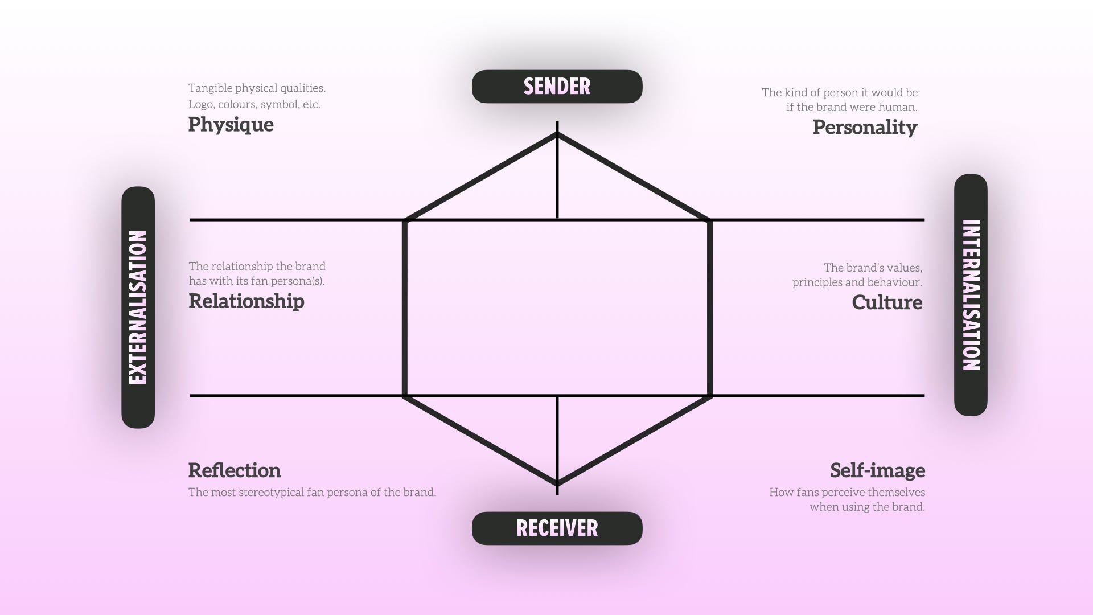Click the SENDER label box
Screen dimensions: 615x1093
(557, 87)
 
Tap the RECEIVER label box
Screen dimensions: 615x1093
(557, 528)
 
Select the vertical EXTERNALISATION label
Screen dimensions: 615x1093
(138, 307)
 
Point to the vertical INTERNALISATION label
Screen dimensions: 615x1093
(971, 295)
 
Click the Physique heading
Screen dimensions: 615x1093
(231, 125)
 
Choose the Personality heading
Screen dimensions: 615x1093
(865, 127)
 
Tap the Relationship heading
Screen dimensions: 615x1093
(246, 301)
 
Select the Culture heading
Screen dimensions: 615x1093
(887, 302)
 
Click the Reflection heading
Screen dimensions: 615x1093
(235, 470)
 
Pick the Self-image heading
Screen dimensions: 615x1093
(877, 470)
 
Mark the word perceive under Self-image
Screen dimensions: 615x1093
(841, 493)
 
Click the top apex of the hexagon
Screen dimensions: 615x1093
(557, 134)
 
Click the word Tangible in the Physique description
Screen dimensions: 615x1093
(210, 88)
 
